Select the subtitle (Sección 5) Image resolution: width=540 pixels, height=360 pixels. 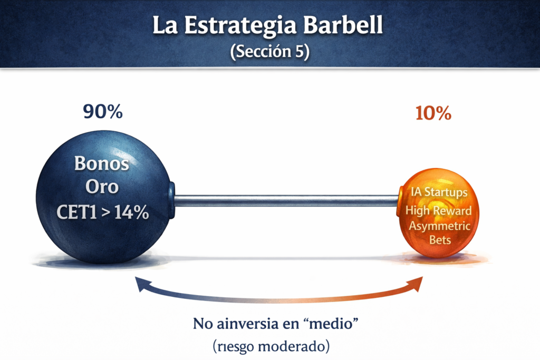[x=269, y=53]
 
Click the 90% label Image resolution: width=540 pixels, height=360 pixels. [x=103, y=112]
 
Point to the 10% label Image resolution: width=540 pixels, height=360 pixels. [x=433, y=113]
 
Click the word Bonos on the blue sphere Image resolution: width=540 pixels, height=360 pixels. [x=101, y=163]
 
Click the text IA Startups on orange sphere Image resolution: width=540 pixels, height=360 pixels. [x=439, y=192]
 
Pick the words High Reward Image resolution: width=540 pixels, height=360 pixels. [x=438, y=210]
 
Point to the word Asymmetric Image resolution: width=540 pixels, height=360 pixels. [x=439, y=226]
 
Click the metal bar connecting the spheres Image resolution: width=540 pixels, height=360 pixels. [x=285, y=200]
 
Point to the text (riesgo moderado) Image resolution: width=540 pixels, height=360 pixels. [x=272, y=347]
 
